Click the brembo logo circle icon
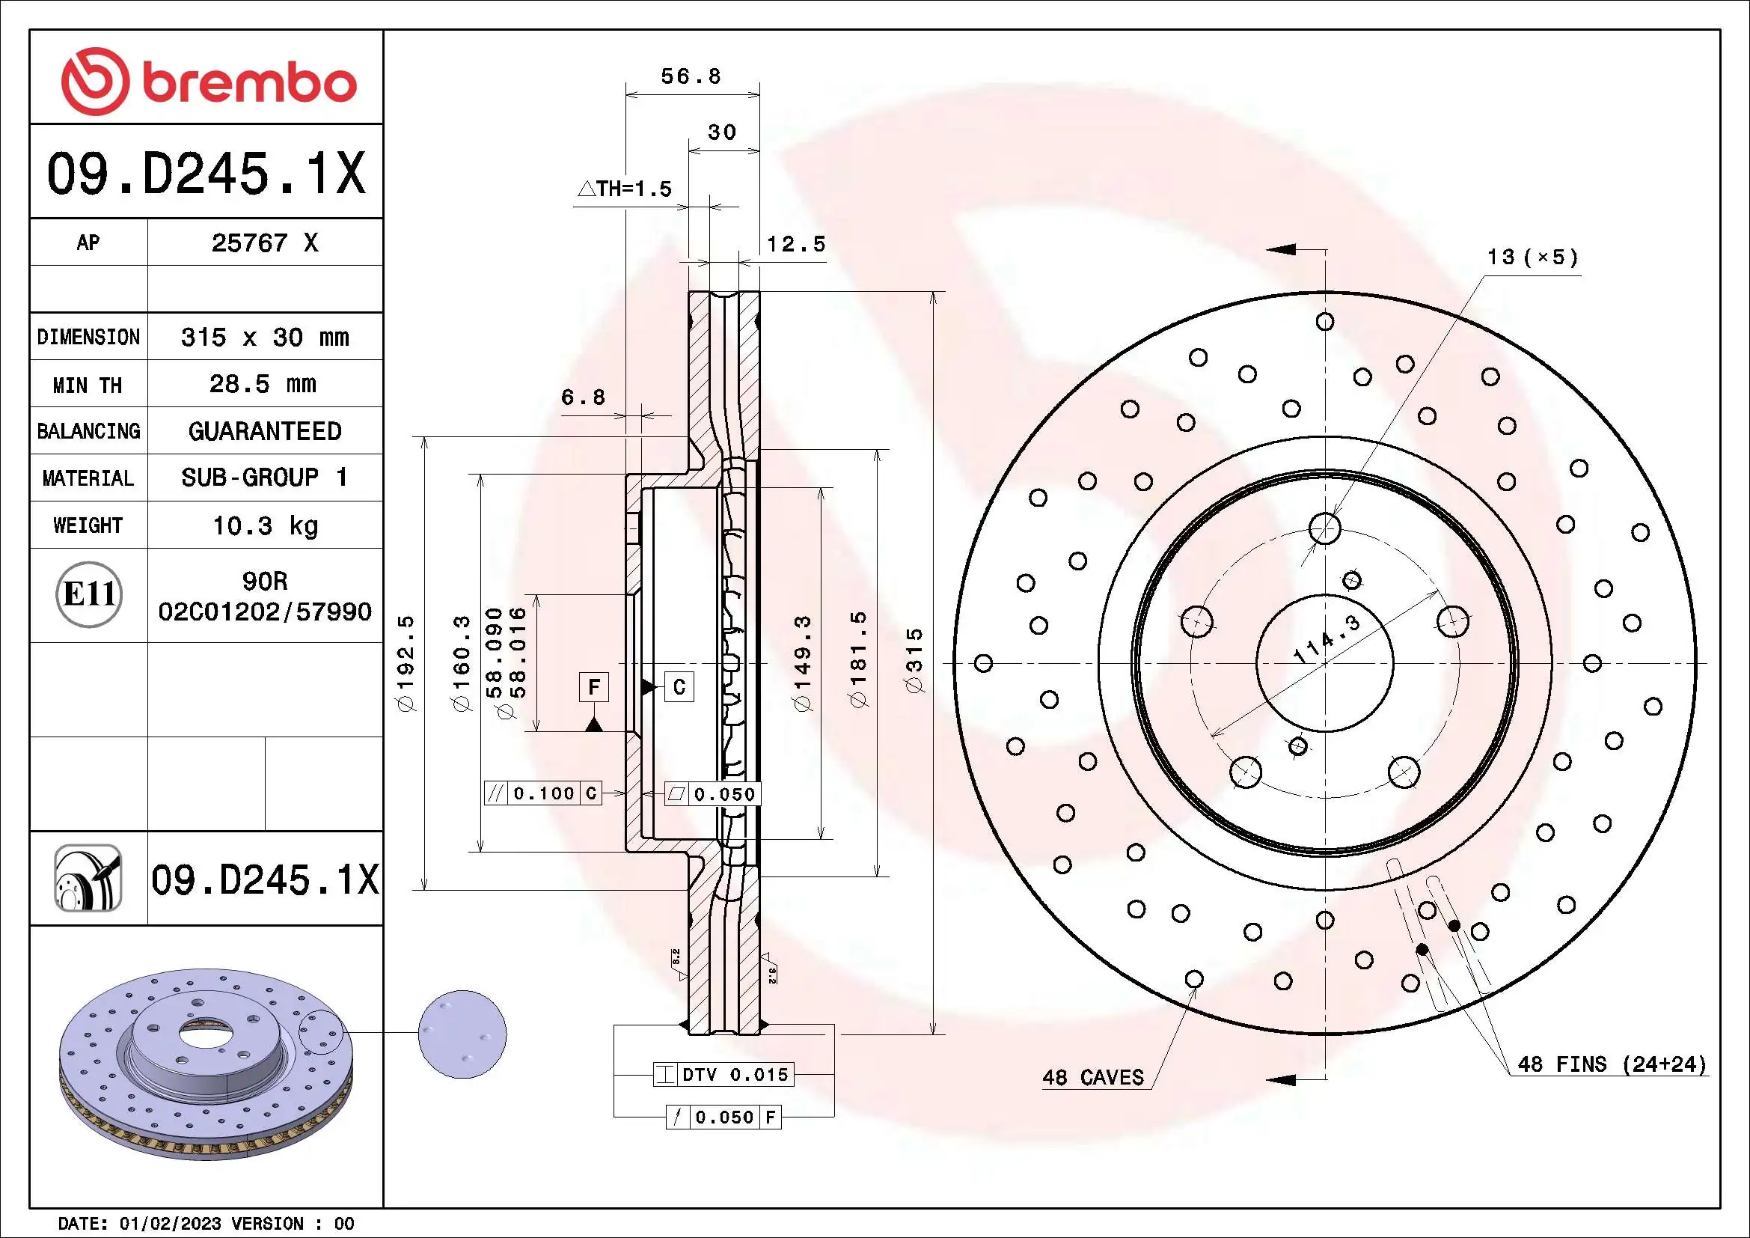tap(94, 82)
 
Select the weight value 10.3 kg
tap(264, 525)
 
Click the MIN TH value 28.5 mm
tap(262, 383)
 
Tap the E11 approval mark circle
tap(88, 594)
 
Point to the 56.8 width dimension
tap(691, 76)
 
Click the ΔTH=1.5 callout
tap(625, 189)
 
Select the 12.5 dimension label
tap(795, 244)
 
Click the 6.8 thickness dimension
tap(582, 397)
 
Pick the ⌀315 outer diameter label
tap(914, 660)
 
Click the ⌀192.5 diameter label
tap(406, 663)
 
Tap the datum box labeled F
tap(594, 687)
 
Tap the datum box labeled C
tap(679, 687)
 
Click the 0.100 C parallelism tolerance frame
tap(543, 793)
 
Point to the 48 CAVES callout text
tap(1092, 1077)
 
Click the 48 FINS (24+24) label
tap(1612, 1064)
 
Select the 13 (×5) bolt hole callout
tap(1532, 257)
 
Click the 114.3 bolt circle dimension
tap(1327, 638)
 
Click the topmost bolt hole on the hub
tap(1325, 528)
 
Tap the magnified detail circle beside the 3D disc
tap(462, 1034)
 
